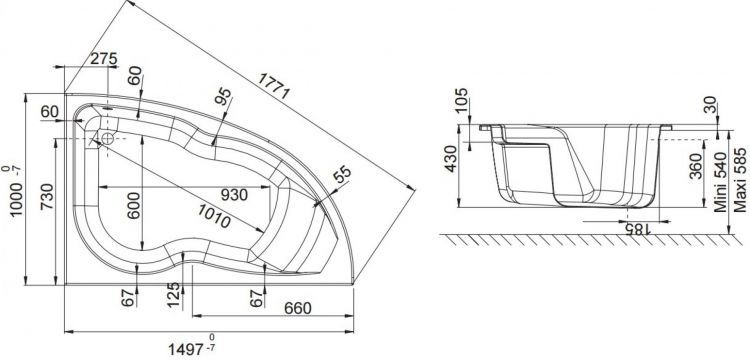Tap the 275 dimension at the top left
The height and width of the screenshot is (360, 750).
[104, 59]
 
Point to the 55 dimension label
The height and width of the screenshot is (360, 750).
[341, 177]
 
